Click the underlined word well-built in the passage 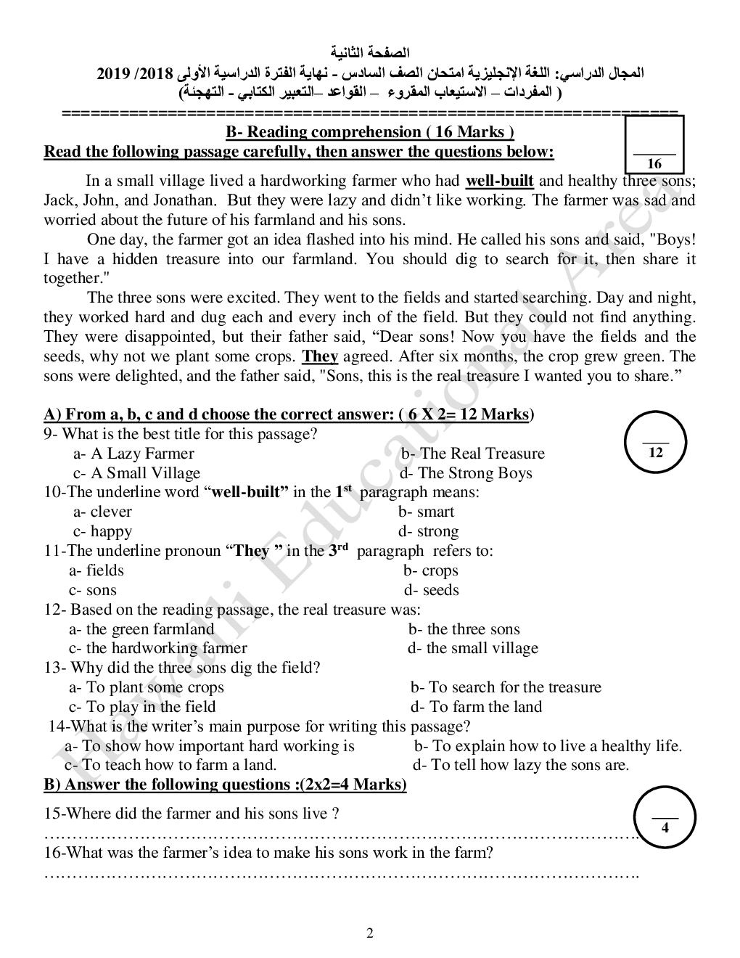(499, 181)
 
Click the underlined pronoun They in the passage (320, 356)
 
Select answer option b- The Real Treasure (472, 454)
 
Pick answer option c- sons (93, 590)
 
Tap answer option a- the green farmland (141, 629)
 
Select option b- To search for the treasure (506, 687)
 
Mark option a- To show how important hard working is (210, 746)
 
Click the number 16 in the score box (654, 164)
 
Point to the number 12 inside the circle (655, 453)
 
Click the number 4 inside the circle (665, 827)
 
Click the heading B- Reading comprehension (370, 132)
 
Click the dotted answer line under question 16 (341, 874)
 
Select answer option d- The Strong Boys (466, 473)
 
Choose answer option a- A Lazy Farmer (133, 454)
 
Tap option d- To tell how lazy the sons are (521, 765)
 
